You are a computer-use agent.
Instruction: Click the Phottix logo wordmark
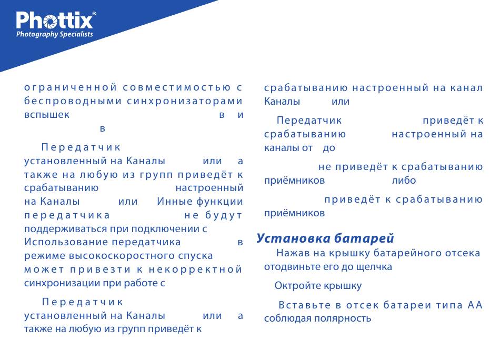[x=54, y=21]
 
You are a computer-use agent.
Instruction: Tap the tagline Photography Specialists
[x=55, y=34]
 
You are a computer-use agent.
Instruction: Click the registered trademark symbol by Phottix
[x=94, y=13]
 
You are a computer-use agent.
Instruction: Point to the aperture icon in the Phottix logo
[x=51, y=22]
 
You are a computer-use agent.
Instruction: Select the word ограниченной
[x=71, y=87]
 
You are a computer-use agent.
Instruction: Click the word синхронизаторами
[x=185, y=101]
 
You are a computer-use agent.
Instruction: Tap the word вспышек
[x=47, y=115]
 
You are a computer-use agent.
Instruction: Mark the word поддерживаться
[x=66, y=229]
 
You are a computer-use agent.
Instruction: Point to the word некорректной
[x=195, y=269]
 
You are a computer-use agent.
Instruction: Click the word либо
[x=404, y=180]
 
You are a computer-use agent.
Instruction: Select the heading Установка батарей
[x=325, y=238]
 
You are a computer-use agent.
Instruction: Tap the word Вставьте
[x=305, y=305]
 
